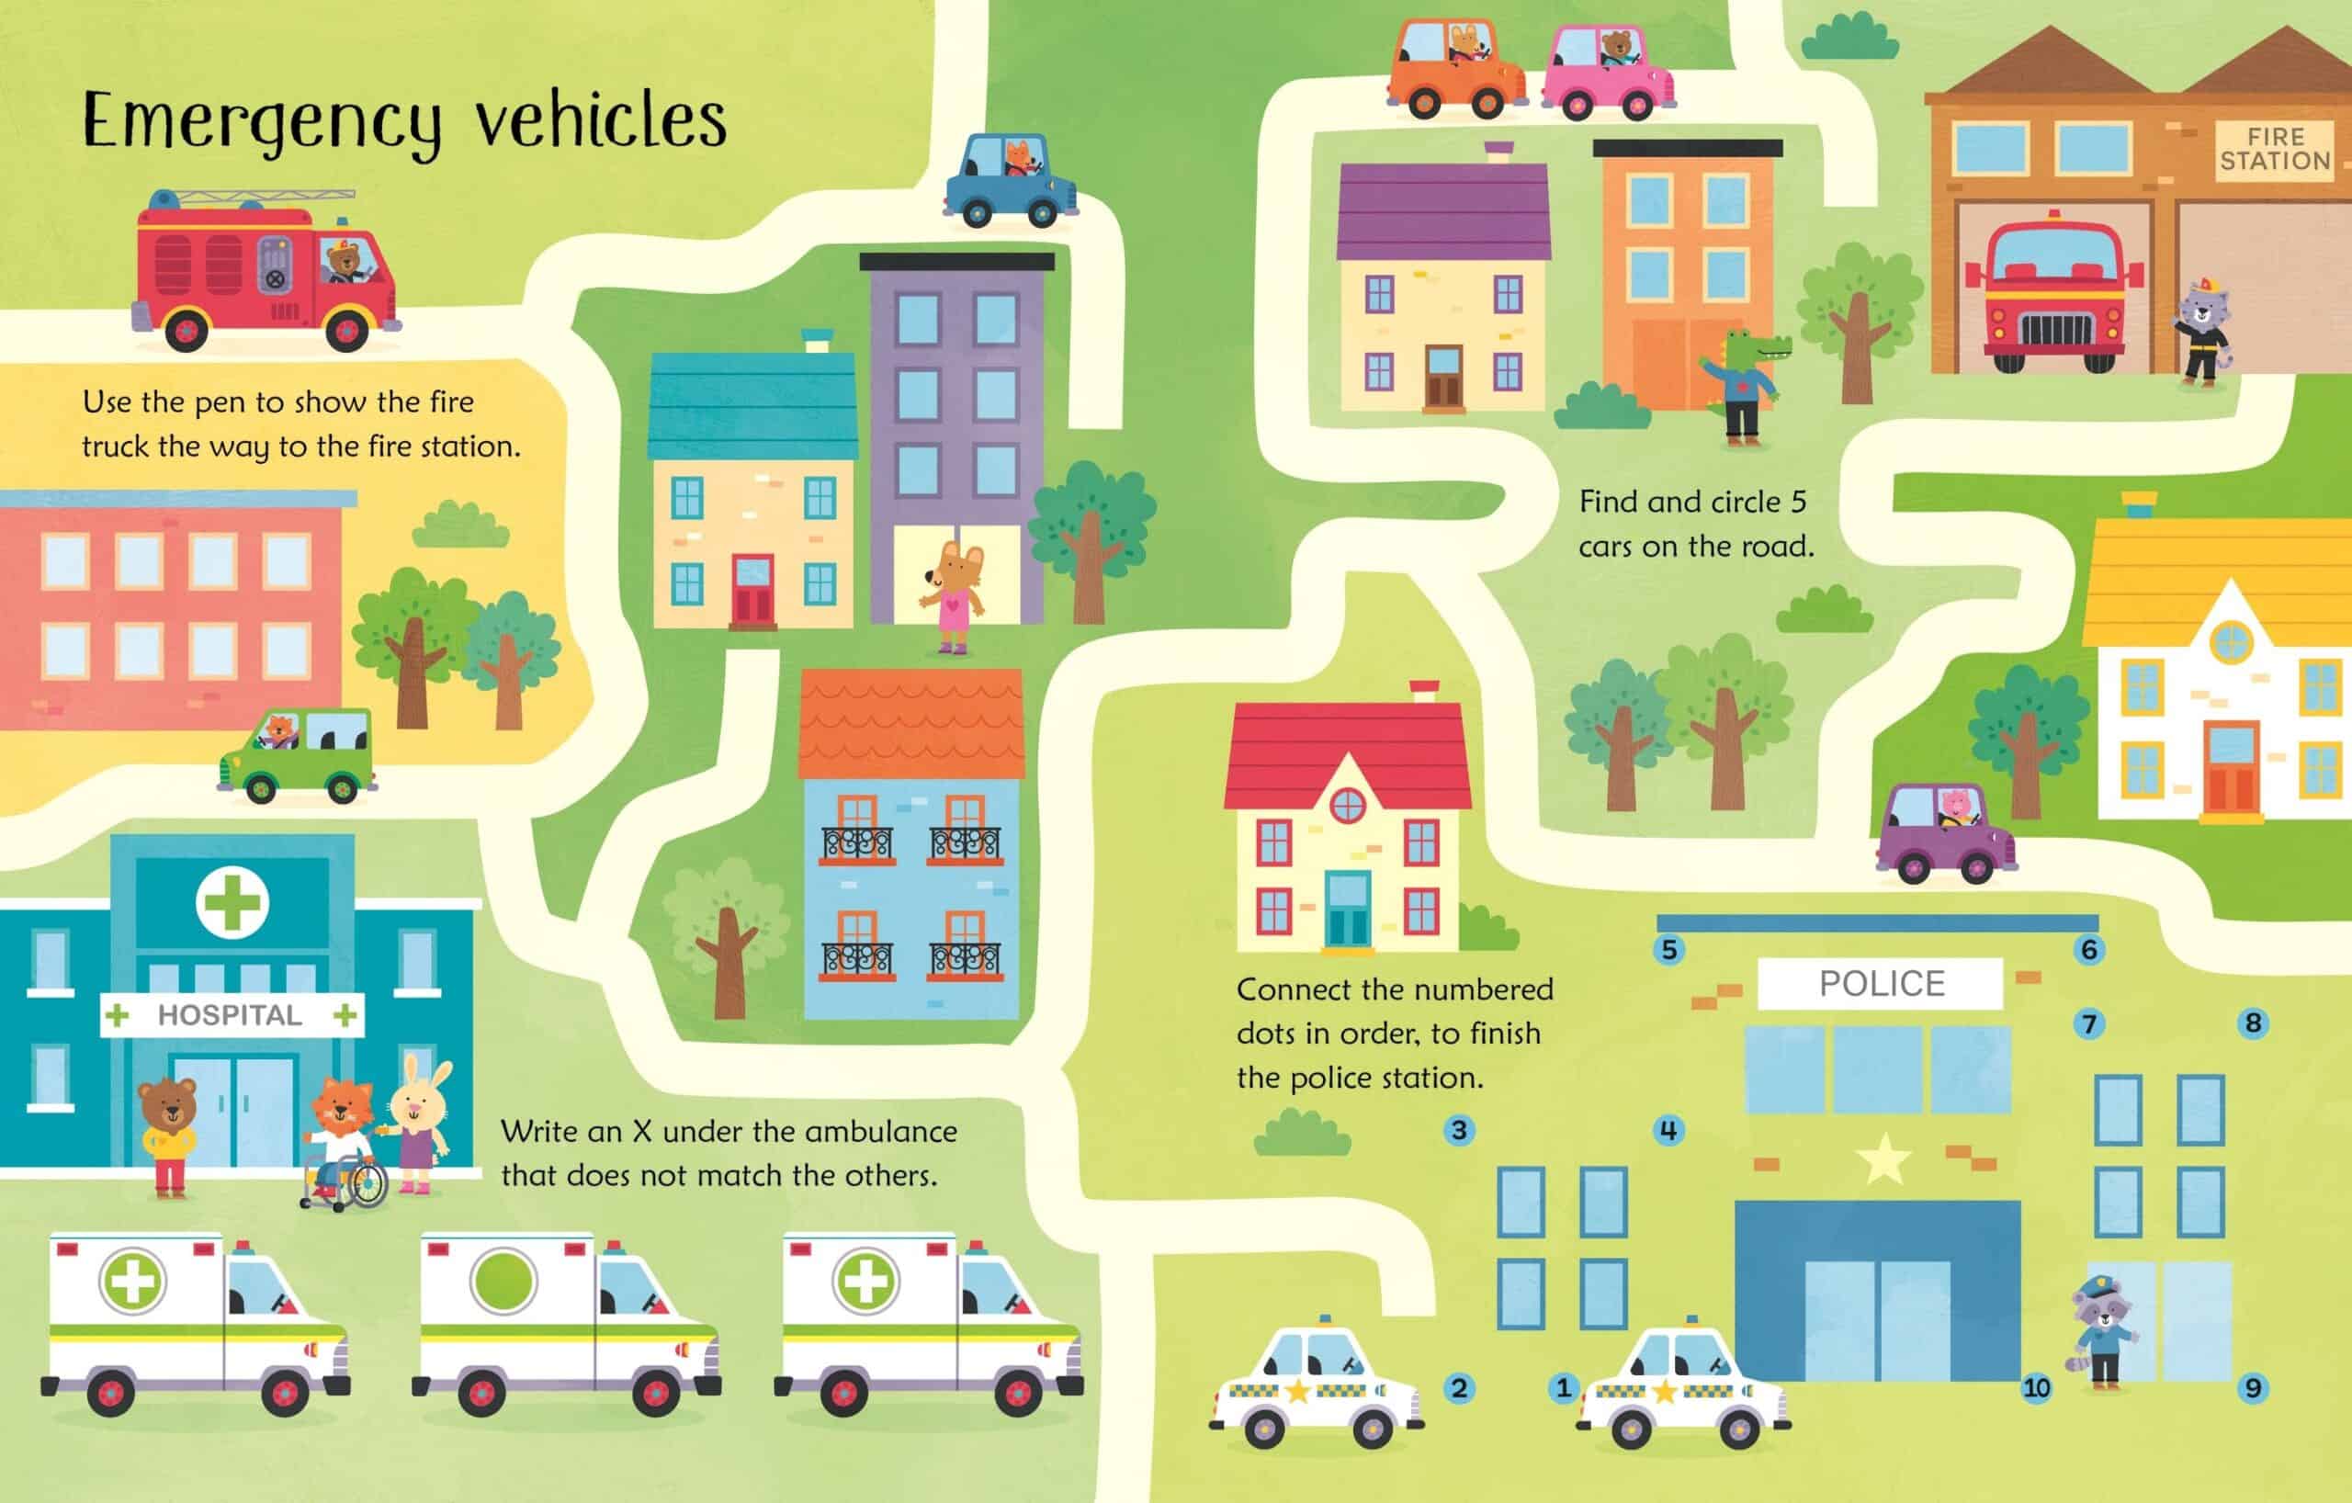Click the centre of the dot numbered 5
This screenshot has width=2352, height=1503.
1668,948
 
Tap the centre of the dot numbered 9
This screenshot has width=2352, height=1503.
2253,1388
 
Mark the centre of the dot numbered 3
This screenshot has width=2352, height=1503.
1458,1130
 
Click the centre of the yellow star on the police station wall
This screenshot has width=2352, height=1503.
1883,1159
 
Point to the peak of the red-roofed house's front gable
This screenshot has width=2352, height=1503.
1348,755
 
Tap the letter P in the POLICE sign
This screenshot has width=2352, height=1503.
1831,983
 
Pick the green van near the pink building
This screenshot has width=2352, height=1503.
297,755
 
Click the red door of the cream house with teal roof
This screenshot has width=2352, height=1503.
752,590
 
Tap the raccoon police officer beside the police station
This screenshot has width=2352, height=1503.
2104,1331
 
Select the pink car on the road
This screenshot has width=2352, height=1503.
1608,73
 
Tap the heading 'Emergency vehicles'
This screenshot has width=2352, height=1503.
404,122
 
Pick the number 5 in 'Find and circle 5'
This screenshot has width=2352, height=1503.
1798,502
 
